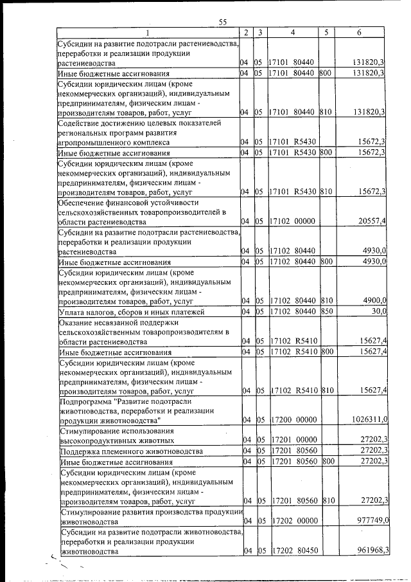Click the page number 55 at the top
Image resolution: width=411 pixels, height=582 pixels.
[x=223, y=23]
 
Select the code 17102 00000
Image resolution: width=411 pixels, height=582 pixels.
[x=293, y=222]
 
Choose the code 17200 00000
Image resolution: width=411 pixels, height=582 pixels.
[x=293, y=420]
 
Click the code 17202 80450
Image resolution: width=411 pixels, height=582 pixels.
[x=293, y=551]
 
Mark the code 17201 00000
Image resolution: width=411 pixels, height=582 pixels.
[x=293, y=441]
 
